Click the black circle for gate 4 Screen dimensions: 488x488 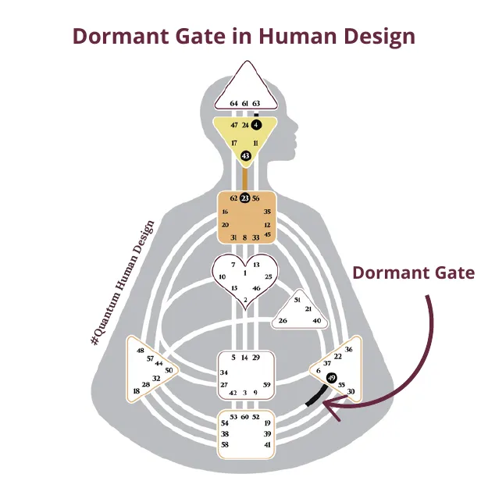pyautogui.click(x=257, y=124)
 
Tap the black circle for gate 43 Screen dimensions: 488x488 pyautogui.click(x=245, y=156)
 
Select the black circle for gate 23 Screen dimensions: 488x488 pyautogui.click(x=244, y=198)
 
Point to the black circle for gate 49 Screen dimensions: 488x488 pyautogui.click(x=332, y=379)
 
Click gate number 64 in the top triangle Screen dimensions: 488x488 pyautogui.click(x=234, y=103)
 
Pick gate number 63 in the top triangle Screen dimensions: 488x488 pyautogui.click(x=256, y=103)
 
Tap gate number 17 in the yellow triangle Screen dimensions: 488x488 pyautogui.click(x=233, y=143)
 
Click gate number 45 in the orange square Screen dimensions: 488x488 pyautogui.click(x=268, y=234)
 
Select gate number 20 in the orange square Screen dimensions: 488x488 pyautogui.click(x=225, y=225)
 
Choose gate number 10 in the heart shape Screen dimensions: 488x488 pyautogui.click(x=222, y=276)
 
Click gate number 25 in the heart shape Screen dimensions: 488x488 pyautogui.click(x=268, y=276)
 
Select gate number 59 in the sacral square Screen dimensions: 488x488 pyautogui.click(x=267, y=384)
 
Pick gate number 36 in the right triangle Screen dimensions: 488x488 pyautogui.click(x=348, y=349)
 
